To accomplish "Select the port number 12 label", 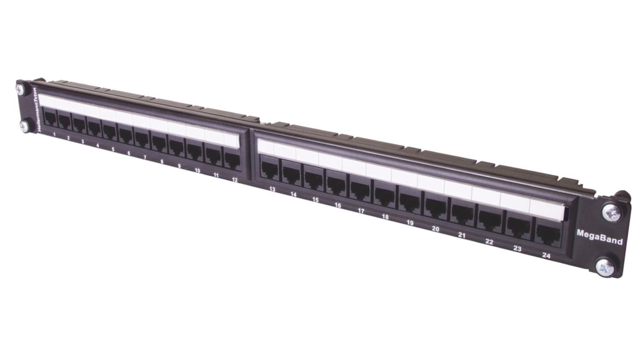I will tap(235, 180).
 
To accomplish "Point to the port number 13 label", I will tap(272, 189).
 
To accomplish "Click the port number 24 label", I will tap(547, 255).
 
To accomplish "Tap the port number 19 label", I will tap(410, 222).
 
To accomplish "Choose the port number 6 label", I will tap(129, 153).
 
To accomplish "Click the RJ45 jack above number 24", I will tap(548, 234).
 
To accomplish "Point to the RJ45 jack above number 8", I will tap(158, 143).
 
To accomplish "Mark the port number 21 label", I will tap(462, 235).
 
